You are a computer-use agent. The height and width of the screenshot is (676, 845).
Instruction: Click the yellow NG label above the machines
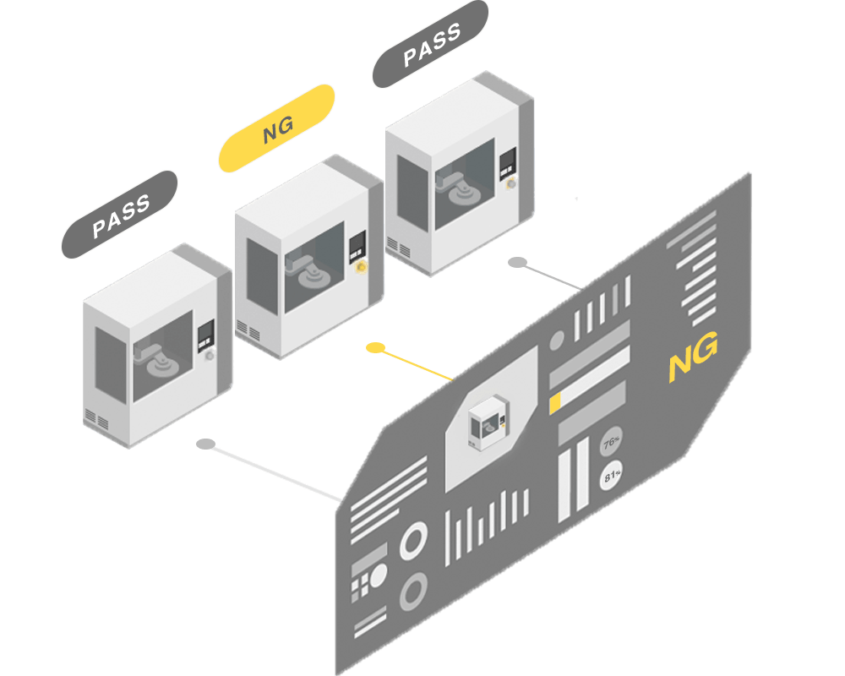[x=277, y=128]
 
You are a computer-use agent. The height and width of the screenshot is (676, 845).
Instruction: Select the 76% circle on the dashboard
[x=611, y=444]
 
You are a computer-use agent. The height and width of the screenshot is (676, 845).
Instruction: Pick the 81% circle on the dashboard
[x=611, y=477]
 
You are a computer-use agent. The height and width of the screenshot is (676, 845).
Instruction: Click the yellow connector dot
[x=375, y=347]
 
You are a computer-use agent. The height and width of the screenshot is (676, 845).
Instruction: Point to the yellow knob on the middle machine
[x=362, y=267]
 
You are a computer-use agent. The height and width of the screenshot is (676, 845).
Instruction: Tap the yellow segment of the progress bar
[x=555, y=404]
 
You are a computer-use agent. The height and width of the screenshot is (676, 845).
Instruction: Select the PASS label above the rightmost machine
[x=431, y=45]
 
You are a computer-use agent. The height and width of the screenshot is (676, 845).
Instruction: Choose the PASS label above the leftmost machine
[x=119, y=214]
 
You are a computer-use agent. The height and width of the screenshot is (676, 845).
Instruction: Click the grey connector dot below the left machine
[x=204, y=444]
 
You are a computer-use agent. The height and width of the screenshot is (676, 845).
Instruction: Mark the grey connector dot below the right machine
[x=517, y=263]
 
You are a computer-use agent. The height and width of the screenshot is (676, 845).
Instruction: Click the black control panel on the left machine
[x=204, y=335]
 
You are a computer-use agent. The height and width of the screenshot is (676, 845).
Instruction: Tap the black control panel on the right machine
[x=508, y=164]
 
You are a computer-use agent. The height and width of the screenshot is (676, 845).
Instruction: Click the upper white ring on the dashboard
[x=414, y=540]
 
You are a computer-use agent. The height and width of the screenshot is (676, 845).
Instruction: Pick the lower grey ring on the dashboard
[x=414, y=591]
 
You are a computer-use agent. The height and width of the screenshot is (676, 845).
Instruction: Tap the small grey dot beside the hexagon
[x=557, y=341]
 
